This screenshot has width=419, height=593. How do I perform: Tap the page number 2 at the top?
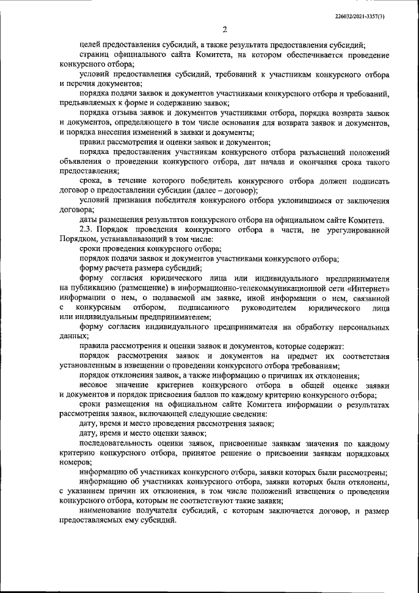(x=224, y=29)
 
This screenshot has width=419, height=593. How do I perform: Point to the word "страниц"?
(x=93, y=54)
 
